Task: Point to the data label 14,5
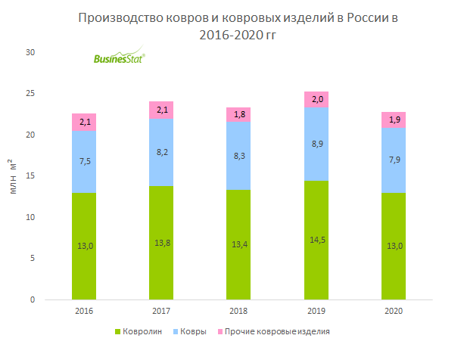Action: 316,241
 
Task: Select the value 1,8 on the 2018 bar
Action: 239,114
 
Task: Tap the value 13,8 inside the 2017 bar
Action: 162,244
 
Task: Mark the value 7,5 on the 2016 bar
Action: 84,160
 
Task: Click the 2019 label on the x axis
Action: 316,311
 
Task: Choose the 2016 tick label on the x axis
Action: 84,311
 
